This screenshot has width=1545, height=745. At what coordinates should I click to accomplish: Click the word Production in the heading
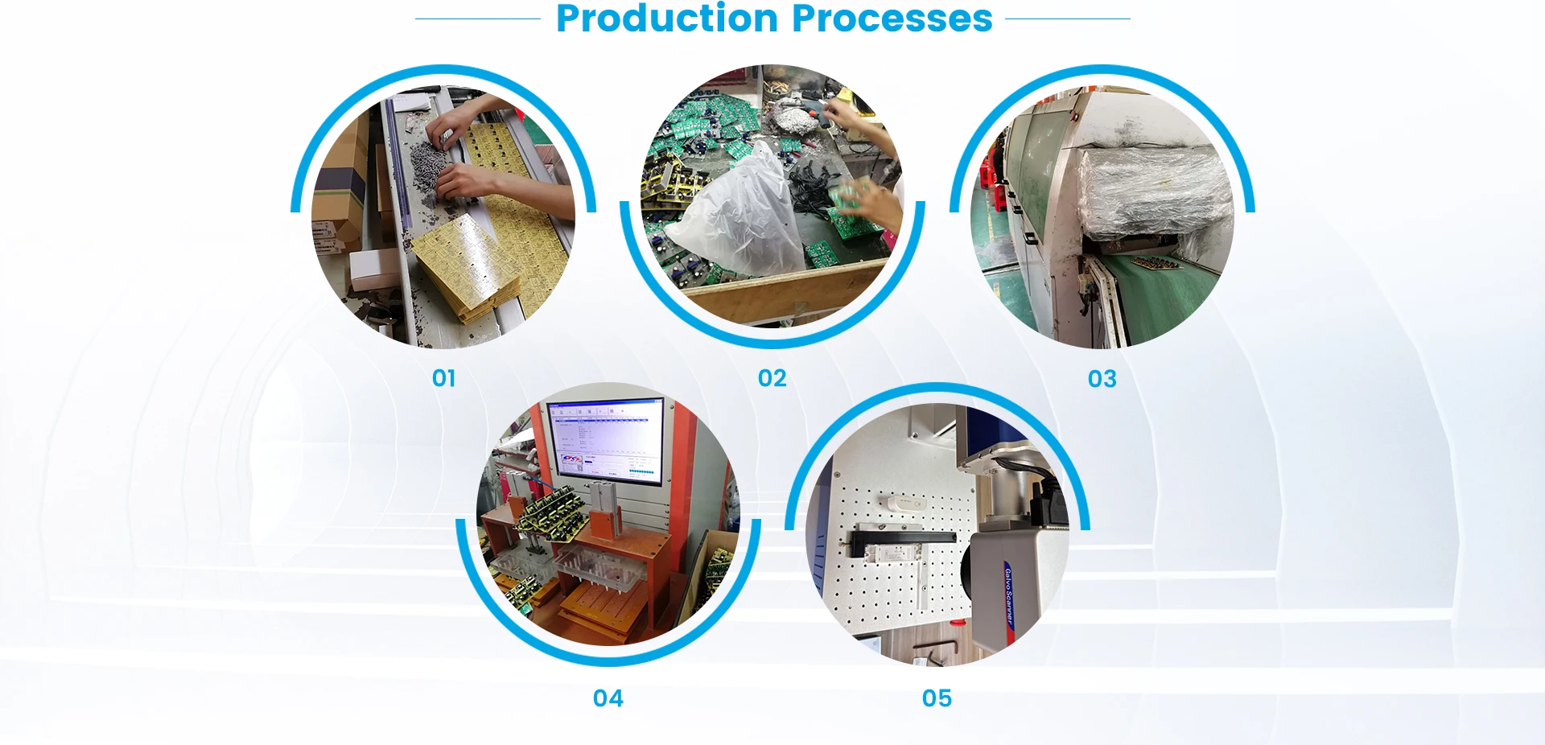(666, 19)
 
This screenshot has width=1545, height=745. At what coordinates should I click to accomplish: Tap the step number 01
(444, 378)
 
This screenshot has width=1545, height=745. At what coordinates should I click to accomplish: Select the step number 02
(772, 378)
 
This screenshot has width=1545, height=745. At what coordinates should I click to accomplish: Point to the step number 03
(1102, 379)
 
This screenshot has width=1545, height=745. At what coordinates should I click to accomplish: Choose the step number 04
(608, 698)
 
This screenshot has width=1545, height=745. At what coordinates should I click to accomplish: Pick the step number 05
(937, 698)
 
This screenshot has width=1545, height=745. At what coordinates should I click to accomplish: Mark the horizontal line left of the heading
(478, 19)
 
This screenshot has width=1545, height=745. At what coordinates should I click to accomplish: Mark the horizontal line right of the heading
(1067, 19)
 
